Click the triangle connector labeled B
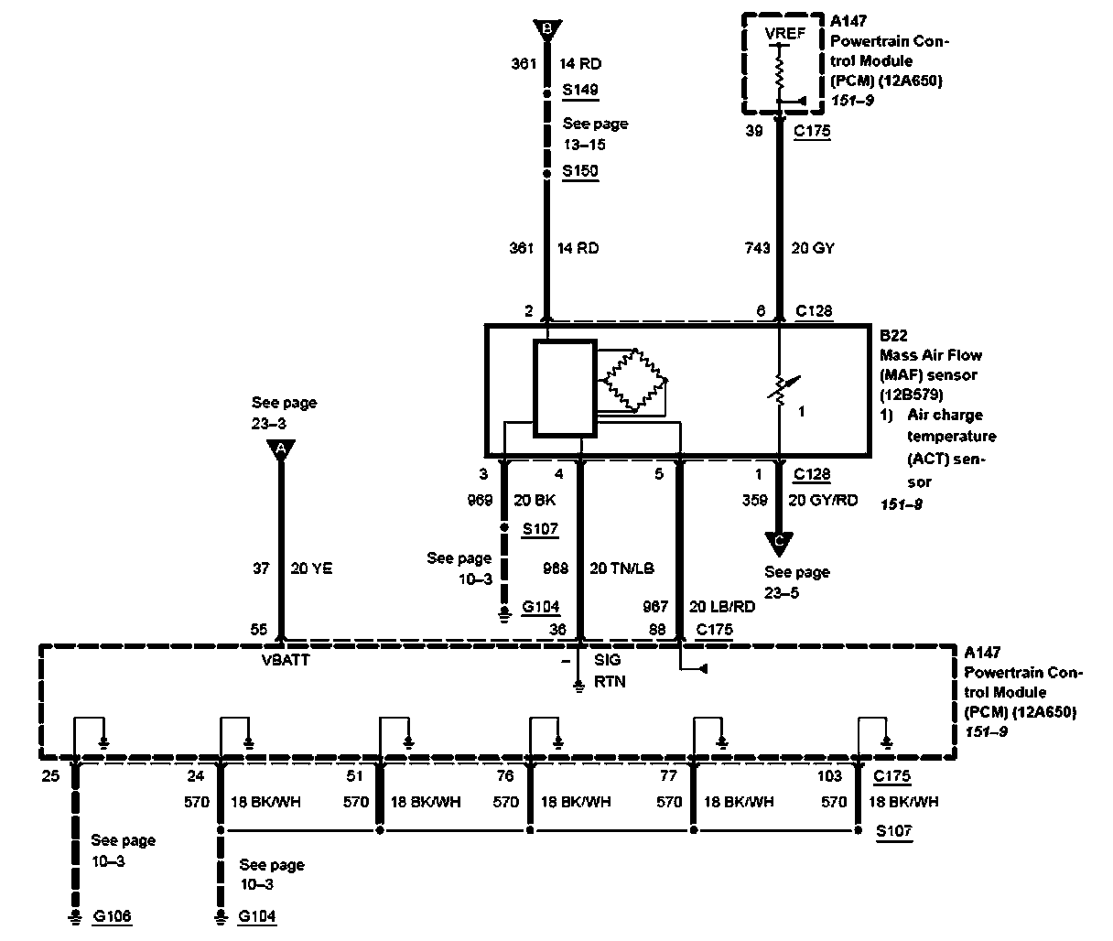547,30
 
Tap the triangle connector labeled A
281,449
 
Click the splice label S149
579,90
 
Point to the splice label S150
579,171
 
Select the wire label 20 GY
811,248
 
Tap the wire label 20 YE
311,568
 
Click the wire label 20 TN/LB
621,568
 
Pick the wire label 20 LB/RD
722,607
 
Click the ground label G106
113,915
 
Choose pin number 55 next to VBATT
259,630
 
